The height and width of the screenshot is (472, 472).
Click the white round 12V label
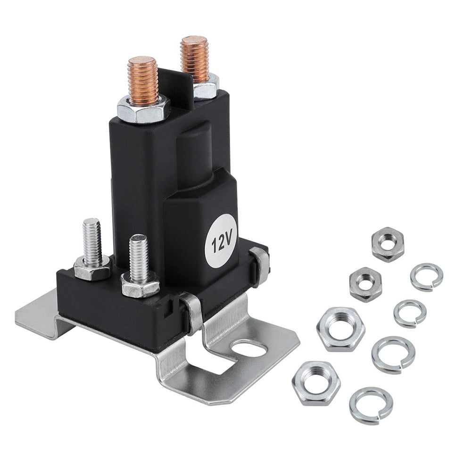219,241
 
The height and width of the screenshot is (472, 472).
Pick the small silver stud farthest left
91,241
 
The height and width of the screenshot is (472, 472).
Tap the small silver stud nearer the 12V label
139,258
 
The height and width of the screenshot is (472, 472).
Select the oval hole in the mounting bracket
249,349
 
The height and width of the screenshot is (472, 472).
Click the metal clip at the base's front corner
192,312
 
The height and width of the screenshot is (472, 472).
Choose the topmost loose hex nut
388,244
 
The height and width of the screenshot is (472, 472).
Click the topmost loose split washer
426,277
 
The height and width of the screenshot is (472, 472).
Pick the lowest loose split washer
371,405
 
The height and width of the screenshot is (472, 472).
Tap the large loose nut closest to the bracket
340,329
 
